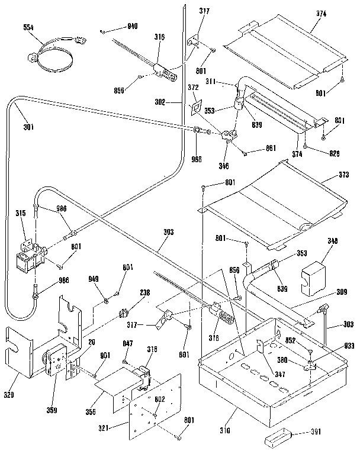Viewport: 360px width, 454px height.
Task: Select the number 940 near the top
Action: [132, 27]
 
